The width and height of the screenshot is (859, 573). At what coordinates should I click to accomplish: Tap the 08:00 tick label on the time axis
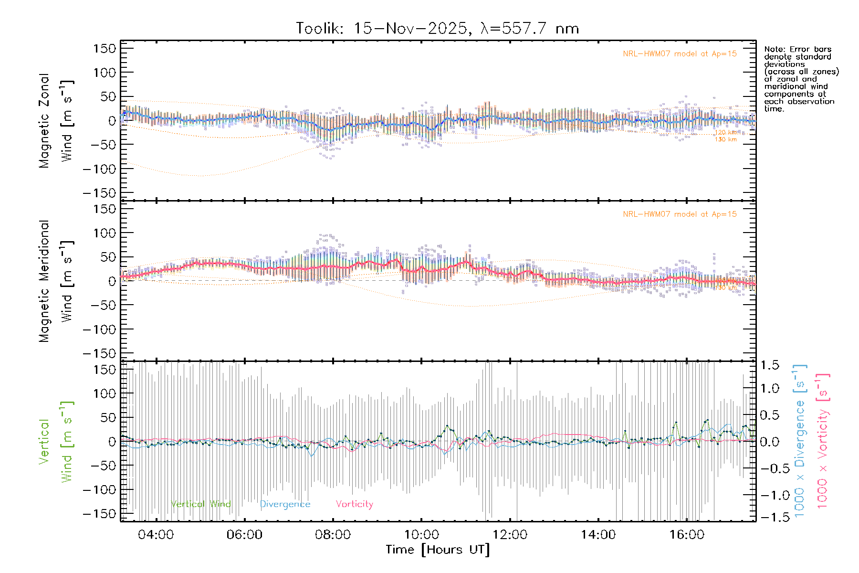(x=333, y=534)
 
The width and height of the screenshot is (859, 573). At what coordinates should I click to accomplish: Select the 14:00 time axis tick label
(x=598, y=534)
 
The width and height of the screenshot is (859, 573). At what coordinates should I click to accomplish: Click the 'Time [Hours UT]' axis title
(x=438, y=550)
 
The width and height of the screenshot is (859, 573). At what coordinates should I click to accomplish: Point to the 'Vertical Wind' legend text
(x=200, y=504)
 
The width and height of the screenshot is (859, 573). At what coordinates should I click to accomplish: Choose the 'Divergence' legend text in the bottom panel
(x=285, y=504)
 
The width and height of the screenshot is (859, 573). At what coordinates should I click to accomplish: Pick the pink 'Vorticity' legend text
(x=354, y=504)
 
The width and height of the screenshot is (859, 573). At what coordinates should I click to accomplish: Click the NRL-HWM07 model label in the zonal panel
(x=680, y=54)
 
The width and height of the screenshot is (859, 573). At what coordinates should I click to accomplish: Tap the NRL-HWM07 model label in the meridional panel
(x=680, y=214)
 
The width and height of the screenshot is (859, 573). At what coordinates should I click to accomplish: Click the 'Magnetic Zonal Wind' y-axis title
(x=56, y=121)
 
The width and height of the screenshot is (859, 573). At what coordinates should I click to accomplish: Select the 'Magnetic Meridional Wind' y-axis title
(x=56, y=281)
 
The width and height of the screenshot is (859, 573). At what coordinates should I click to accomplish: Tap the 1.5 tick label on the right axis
(x=770, y=365)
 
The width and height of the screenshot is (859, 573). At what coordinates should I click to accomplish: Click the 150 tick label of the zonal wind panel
(x=105, y=48)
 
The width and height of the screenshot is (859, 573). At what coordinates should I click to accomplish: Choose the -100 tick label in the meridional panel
(x=99, y=329)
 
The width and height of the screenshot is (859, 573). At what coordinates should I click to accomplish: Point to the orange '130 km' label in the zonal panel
(x=725, y=139)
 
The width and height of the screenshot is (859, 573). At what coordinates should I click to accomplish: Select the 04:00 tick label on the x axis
(x=156, y=534)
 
